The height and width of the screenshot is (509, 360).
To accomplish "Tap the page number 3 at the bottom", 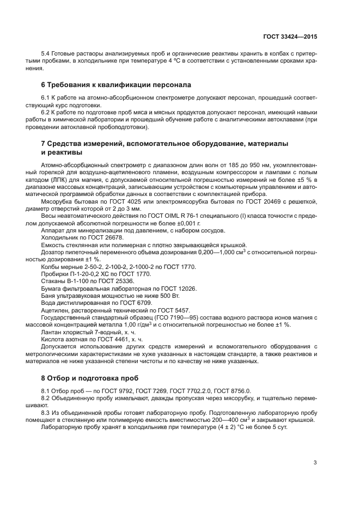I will tap(315, 463).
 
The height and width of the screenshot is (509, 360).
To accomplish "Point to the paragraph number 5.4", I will tap(46, 55).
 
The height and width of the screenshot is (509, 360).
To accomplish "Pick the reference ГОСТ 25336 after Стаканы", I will tap(103, 281).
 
